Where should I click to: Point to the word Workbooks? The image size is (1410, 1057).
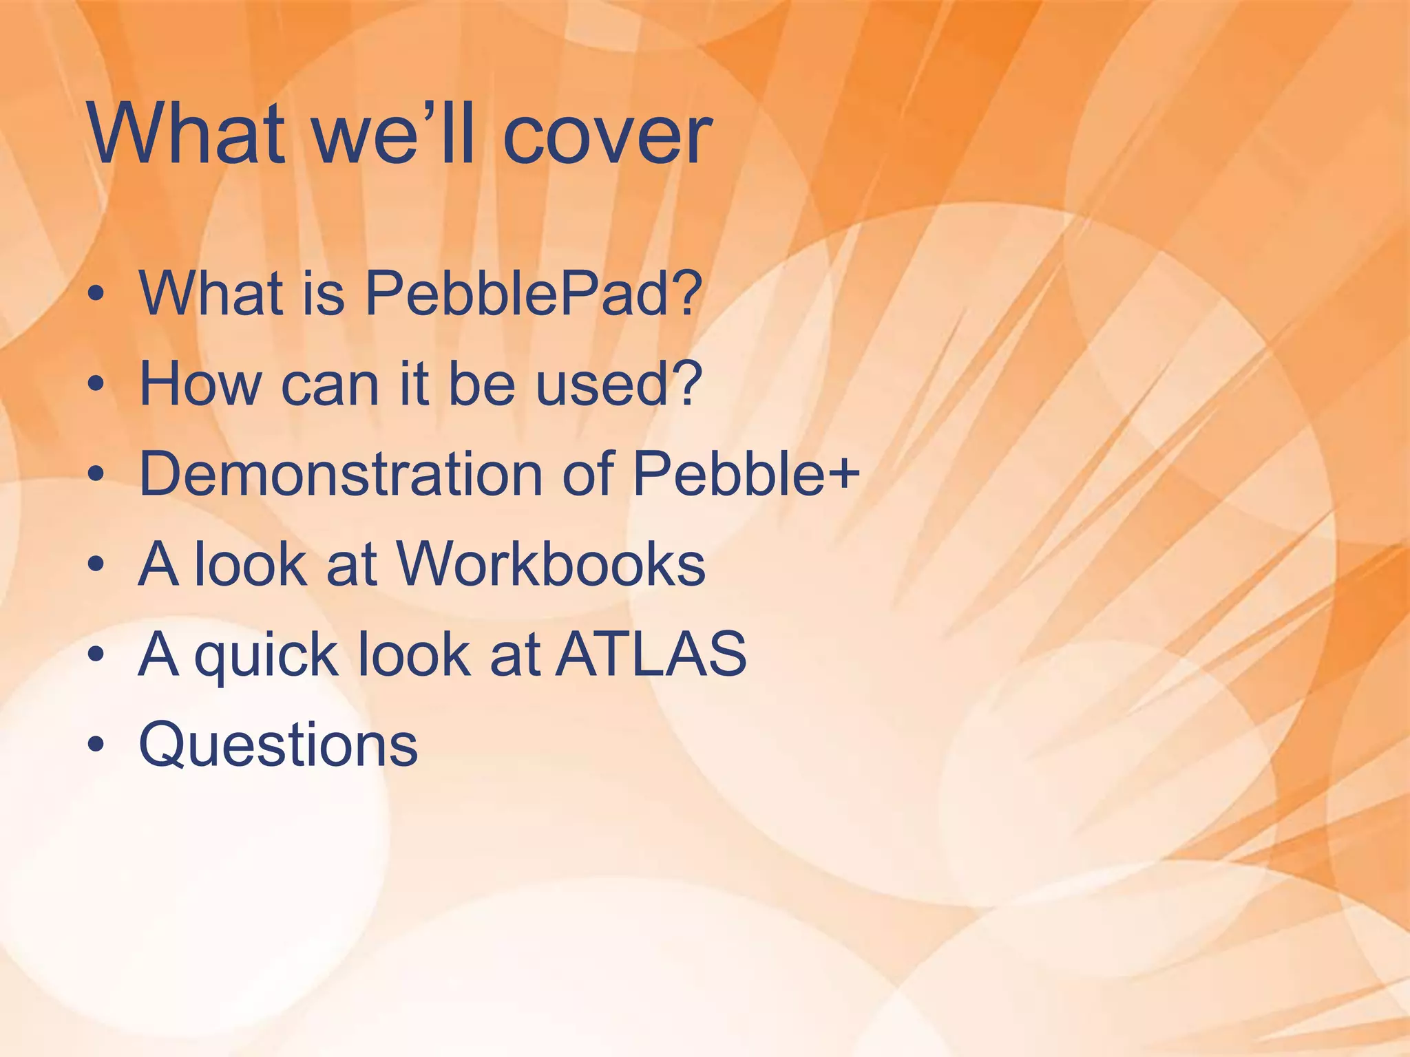(551, 564)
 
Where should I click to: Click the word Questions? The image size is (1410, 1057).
(278, 745)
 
